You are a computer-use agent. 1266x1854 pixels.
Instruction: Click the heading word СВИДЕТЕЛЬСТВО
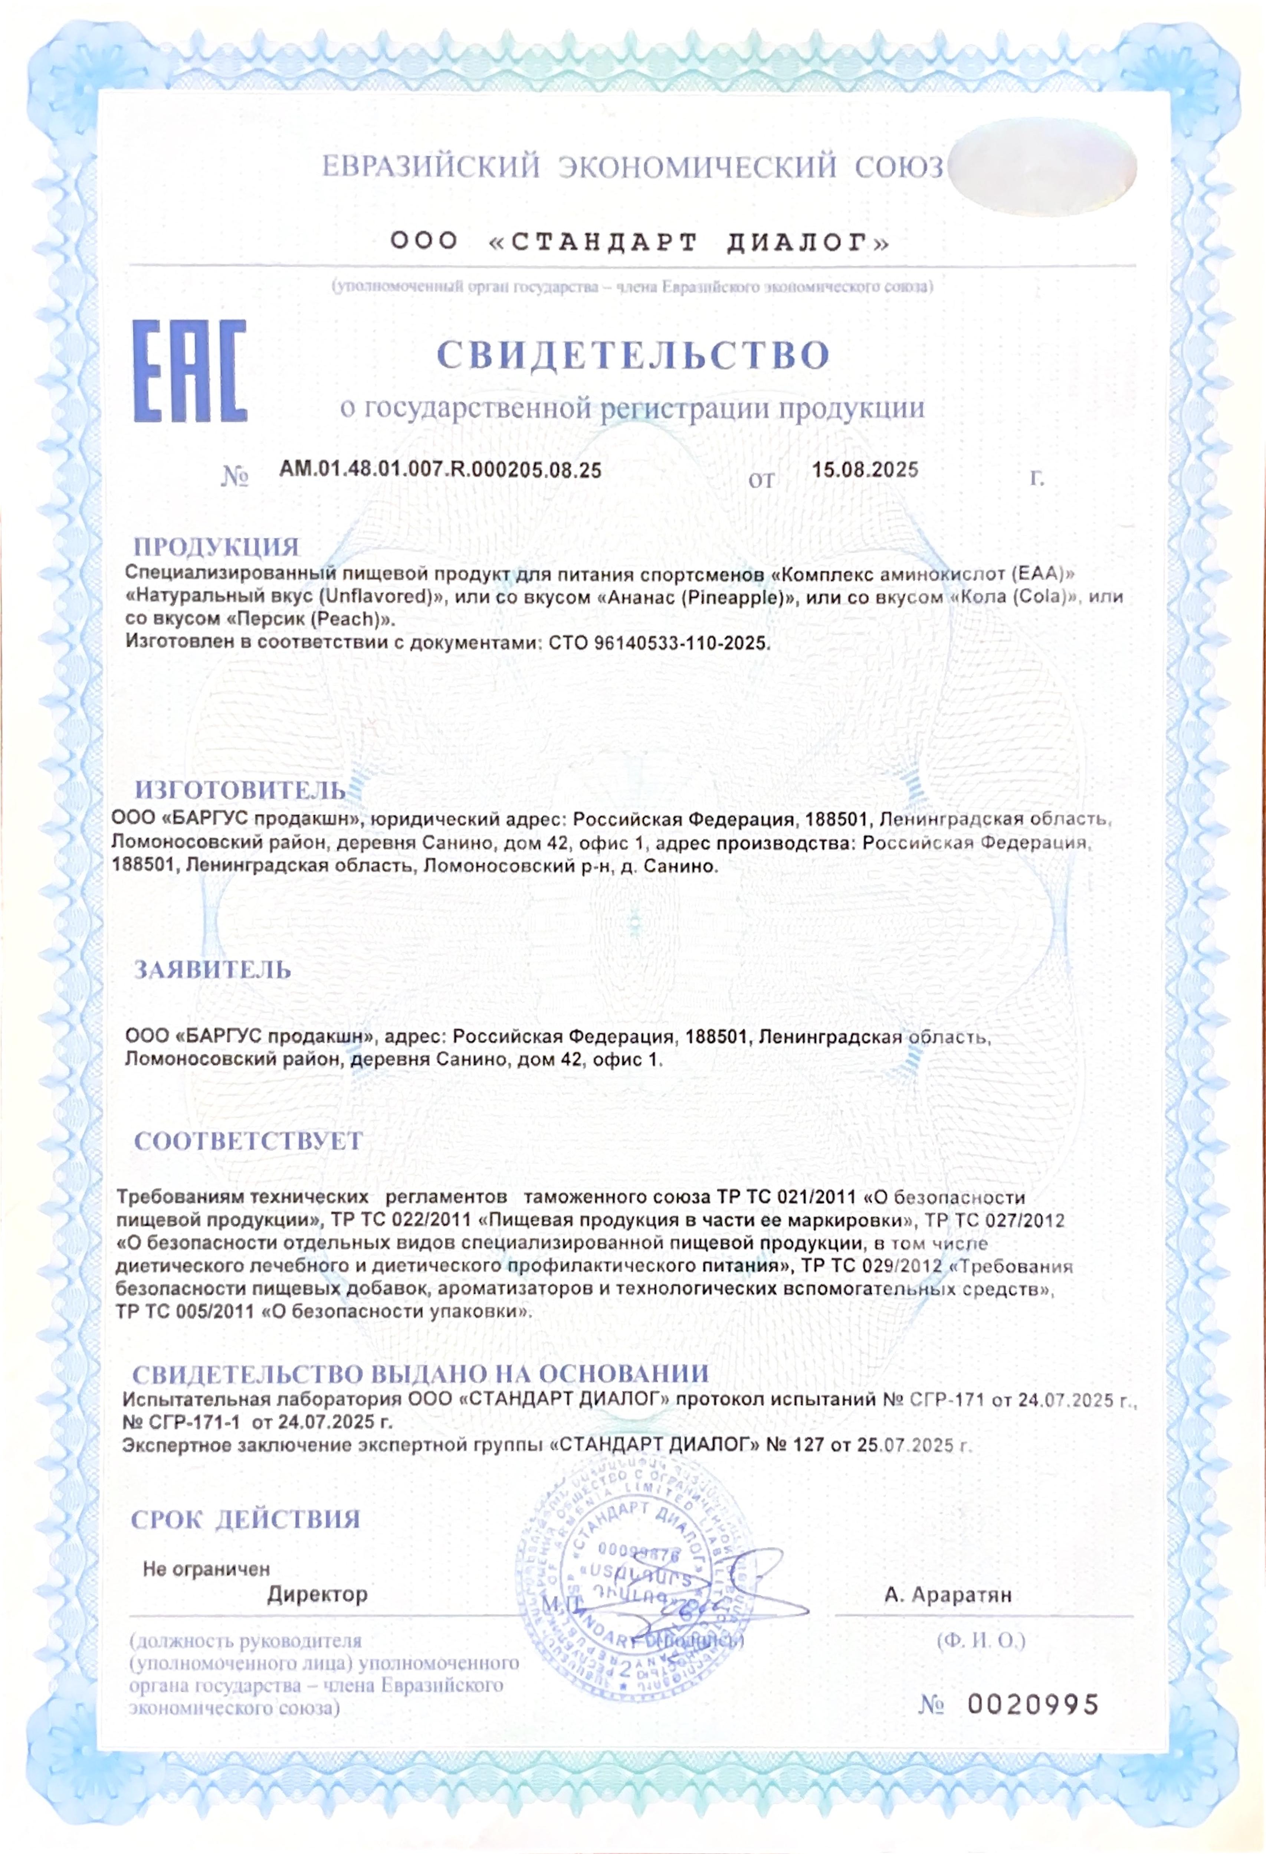coord(633,355)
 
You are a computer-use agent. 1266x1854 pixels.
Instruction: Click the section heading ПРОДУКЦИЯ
coord(216,547)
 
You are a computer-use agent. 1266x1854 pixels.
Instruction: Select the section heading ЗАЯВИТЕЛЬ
coord(212,970)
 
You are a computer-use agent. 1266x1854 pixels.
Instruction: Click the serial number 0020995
coord(1033,1705)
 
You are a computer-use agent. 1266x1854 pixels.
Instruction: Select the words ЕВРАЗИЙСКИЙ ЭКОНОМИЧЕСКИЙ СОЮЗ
coord(633,167)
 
